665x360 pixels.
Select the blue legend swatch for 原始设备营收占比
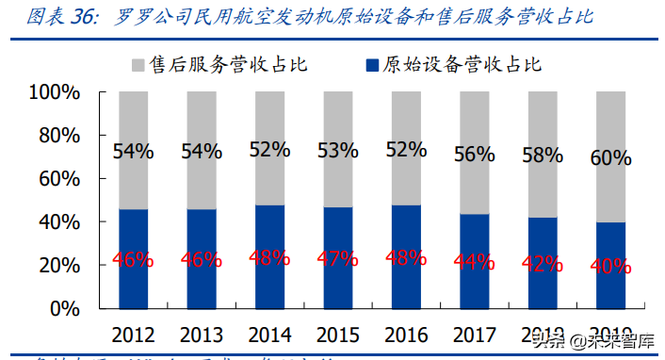[x=369, y=65]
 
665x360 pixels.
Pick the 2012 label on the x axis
[x=133, y=335]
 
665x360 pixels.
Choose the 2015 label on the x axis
[x=336, y=335]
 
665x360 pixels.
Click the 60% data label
[x=610, y=158]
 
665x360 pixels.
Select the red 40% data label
[x=610, y=267]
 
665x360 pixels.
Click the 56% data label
[x=474, y=155]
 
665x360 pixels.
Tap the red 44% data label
[x=474, y=261]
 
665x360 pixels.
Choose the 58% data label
[x=542, y=156]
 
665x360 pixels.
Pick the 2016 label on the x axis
[x=405, y=335]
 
